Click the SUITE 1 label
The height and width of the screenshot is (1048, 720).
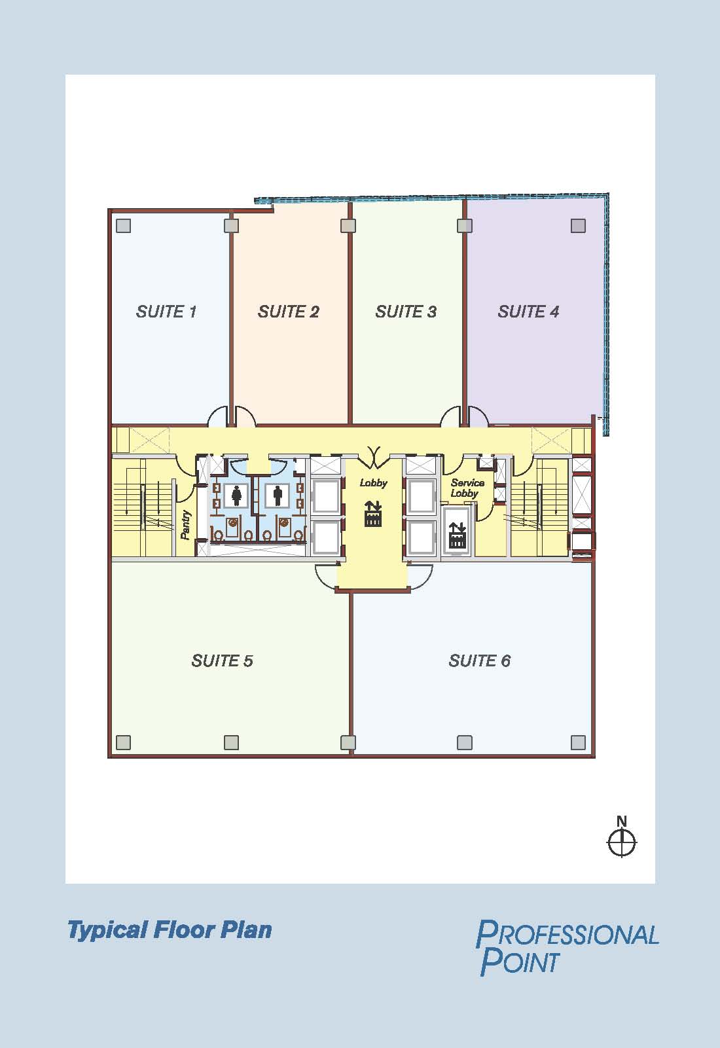point(166,312)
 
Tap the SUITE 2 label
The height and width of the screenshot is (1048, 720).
point(288,312)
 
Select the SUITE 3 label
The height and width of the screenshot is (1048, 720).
point(406,312)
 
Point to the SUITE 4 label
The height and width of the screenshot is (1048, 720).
point(528,312)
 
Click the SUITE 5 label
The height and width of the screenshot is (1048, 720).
point(223,660)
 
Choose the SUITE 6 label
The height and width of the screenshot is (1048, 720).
point(480,660)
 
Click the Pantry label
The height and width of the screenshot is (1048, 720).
point(186,524)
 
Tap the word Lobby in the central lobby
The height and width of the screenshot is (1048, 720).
point(373,483)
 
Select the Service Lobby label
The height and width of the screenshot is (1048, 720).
point(467,488)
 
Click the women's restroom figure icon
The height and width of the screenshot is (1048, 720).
point(237,496)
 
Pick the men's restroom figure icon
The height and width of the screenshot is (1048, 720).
point(278,496)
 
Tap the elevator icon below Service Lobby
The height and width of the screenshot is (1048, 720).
point(458,535)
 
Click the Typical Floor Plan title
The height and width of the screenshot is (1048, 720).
point(170,930)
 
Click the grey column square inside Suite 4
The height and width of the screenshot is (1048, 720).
point(578,226)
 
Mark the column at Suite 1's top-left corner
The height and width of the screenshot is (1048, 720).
point(123,226)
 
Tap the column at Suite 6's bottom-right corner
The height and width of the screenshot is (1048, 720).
point(578,742)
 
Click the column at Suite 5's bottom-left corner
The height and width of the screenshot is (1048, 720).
point(123,742)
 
